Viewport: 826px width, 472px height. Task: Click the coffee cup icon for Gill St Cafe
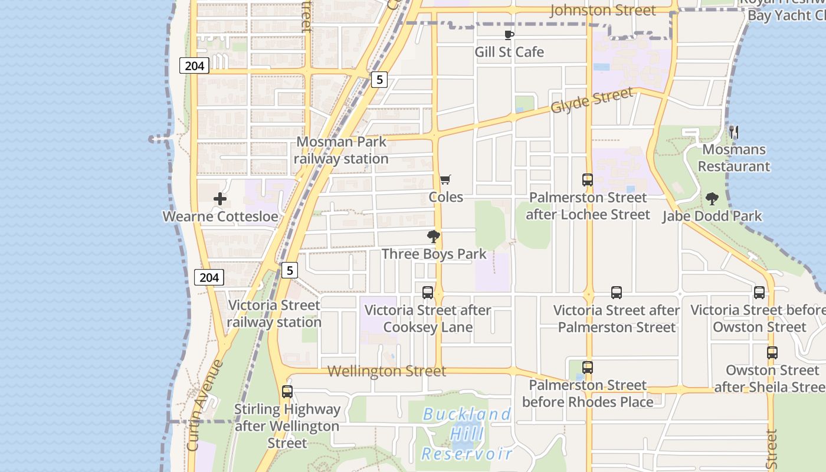click(x=509, y=35)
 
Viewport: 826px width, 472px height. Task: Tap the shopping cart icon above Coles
click(x=445, y=179)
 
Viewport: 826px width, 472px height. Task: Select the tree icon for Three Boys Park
click(x=434, y=237)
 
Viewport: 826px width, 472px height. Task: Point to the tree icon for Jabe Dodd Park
click(x=712, y=199)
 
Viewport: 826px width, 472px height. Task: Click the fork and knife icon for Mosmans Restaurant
click(x=734, y=132)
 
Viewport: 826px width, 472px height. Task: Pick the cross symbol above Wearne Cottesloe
click(x=220, y=199)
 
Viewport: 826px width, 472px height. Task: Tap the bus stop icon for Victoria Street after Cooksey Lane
click(x=428, y=293)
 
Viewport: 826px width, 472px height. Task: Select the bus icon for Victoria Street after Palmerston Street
click(x=617, y=293)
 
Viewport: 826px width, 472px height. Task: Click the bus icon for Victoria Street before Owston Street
click(x=759, y=293)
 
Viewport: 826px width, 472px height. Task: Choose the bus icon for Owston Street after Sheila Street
click(x=772, y=353)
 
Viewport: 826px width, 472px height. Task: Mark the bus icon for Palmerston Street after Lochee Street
click(x=588, y=180)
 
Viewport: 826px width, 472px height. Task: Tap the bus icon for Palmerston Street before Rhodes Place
click(x=588, y=368)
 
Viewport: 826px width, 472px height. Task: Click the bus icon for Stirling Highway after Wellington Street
click(x=287, y=392)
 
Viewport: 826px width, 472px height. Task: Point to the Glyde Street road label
click(x=592, y=100)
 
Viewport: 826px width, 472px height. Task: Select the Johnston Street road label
click(x=602, y=11)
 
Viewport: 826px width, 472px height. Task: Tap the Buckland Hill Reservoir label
click(x=467, y=434)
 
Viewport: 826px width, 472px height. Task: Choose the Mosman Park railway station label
click(x=341, y=150)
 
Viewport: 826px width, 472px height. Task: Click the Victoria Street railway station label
click(x=274, y=313)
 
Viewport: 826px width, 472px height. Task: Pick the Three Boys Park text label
click(x=434, y=254)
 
